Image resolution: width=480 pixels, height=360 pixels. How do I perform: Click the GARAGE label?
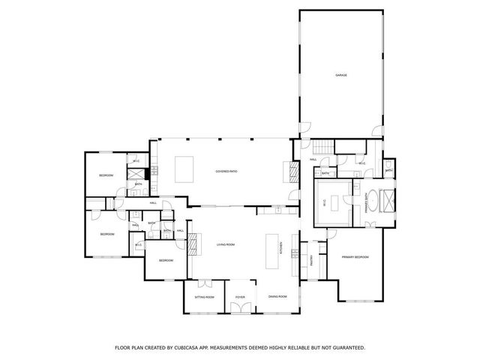click(340, 75)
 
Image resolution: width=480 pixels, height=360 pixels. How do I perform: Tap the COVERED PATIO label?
click(226, 172)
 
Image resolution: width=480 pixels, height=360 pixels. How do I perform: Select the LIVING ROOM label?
click(226, 245)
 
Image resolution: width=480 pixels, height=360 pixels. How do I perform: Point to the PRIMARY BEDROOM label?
click(355, 257)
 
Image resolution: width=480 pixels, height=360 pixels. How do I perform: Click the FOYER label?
click(240, 298)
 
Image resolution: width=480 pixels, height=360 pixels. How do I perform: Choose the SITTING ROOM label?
click(205, 298)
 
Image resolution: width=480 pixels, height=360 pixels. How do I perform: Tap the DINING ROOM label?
click(277, 298)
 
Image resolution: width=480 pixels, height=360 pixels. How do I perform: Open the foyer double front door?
click(240, 314)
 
